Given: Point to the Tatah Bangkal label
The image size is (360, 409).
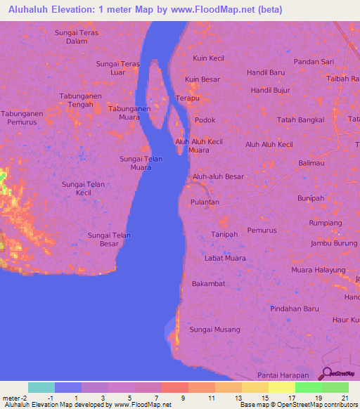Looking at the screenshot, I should tap(301, 119).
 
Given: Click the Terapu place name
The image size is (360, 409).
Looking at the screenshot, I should tap(188, 98).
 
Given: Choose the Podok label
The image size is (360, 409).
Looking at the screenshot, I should tap(205, 120).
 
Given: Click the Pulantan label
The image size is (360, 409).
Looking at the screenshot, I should tap(205, 202).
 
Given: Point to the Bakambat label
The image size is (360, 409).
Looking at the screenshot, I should tap(208, 284).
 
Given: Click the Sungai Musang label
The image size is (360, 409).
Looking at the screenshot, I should tap(215, 330).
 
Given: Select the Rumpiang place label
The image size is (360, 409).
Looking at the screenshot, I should tap(325, 223).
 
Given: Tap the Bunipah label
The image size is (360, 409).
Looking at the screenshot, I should tap(310, 198).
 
